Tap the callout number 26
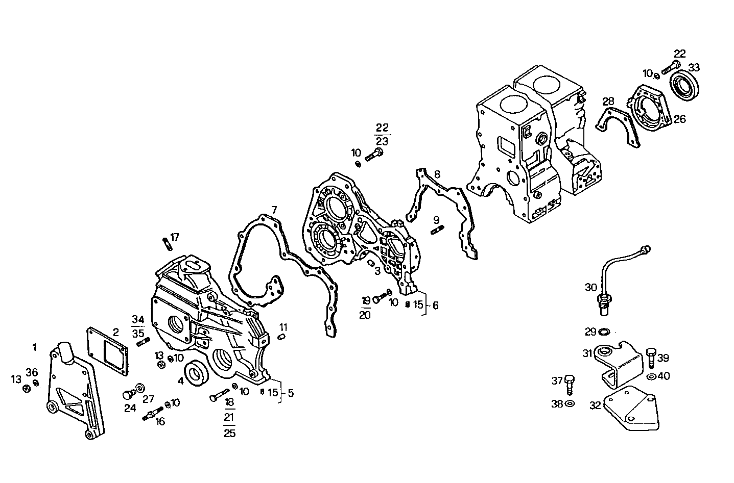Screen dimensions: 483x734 [679, 119]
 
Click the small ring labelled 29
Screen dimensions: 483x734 [603, 332]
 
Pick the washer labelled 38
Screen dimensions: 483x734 [570, 404]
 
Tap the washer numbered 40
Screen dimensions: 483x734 [651, 377]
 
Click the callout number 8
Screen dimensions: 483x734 [437, 174]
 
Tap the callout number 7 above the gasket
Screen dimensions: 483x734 [274, 210]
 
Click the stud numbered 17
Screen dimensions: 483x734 [167, 244]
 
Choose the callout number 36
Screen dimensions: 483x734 [32, 372]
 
